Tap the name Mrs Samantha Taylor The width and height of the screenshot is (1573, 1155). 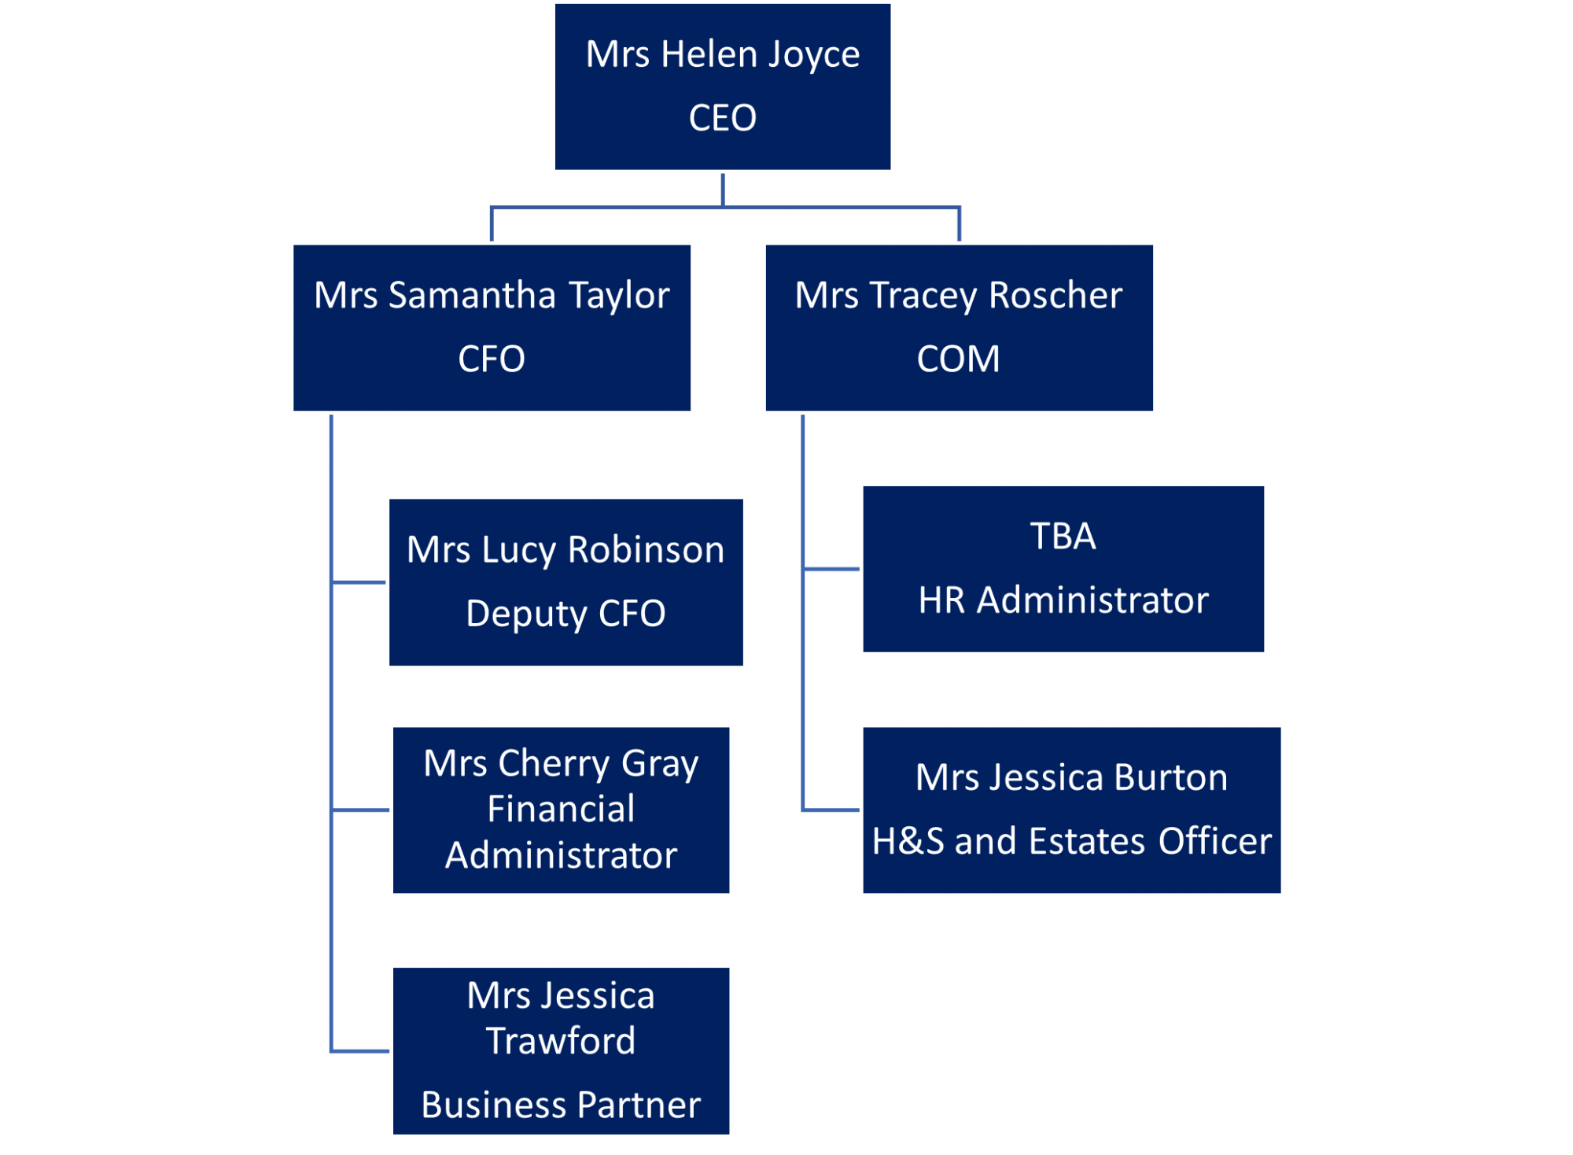tap(492, 296)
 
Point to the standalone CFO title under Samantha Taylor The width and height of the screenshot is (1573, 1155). tap(492, 360)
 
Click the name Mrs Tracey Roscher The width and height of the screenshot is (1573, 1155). tap(958, 296)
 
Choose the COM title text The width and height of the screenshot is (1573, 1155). tap(958, 360)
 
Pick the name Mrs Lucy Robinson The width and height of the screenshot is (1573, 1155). tap(565, 550)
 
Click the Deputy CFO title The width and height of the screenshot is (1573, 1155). tap(565, 614)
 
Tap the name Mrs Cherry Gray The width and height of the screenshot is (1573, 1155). tap(561, 763)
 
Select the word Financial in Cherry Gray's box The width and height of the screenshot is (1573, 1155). tap(561, 809)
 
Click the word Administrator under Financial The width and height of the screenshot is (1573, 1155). tap(561, 855)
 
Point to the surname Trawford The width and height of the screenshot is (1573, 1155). tap(561, 1041)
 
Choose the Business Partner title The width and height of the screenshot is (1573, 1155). tap(561, 1105)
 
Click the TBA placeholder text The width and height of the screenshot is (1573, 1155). tap(1063, 537)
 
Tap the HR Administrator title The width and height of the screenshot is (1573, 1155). tap(1063, 600)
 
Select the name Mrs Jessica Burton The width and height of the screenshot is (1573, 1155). tap(1071, 778)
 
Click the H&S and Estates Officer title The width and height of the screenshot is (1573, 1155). tap(1071, 841)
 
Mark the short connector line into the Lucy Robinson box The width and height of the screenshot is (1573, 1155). tap(359, 582)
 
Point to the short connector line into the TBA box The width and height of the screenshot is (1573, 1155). tap(831, 568)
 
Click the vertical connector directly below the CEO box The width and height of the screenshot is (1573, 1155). tap(722, 190)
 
